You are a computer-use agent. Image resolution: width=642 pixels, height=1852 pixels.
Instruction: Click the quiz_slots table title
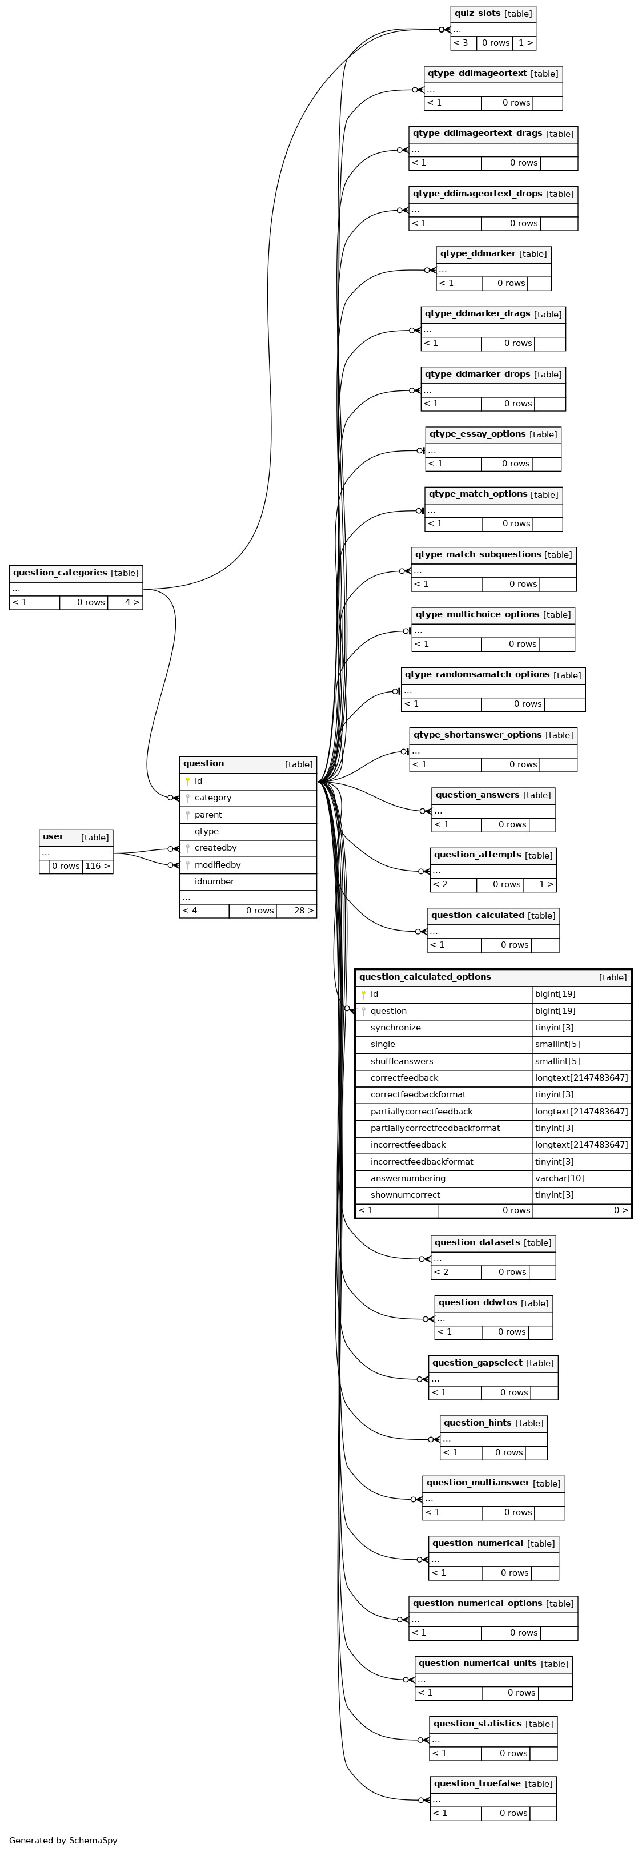coord(478,14)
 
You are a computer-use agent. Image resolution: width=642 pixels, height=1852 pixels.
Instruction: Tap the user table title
coord(53,837)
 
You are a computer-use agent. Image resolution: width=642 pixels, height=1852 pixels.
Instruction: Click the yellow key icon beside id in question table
coord(188,782)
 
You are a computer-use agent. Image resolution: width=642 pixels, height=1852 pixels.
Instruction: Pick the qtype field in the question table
coord(206,832)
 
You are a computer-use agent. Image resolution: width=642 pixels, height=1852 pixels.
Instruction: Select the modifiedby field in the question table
coord(217,865)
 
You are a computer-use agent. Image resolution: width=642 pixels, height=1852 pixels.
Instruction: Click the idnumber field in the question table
coord(214,881)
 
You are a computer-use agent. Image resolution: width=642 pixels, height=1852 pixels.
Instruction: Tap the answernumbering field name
coord(408,1178)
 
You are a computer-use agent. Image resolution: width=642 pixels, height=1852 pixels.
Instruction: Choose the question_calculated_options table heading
coord(425,977)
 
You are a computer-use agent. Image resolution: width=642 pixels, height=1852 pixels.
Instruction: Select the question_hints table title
coord(478,1423)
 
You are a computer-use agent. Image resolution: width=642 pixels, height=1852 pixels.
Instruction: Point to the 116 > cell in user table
coord(98,866)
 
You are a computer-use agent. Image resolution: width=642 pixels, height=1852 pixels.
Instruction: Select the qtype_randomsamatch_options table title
coord(478,674)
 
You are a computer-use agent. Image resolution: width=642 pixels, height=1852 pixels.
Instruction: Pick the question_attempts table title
coord(478,855)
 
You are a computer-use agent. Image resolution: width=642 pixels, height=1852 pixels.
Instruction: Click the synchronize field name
coord(395,1028)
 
